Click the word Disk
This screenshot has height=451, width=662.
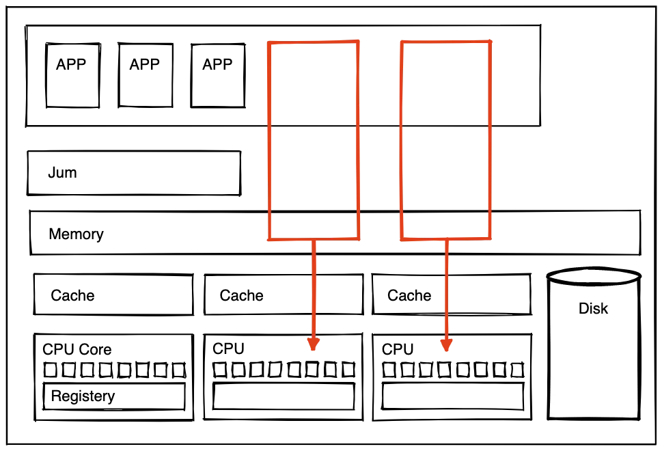[593, 308]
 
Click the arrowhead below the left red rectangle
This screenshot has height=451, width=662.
[313, 344]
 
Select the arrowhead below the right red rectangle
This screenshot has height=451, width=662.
[446, 344]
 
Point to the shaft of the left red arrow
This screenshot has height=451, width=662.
[314, 287]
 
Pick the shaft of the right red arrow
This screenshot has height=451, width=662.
[447, 287]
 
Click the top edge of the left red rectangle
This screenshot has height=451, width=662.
[313, 43]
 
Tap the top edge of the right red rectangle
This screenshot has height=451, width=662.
[445, 43]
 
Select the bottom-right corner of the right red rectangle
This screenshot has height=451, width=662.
[488, 238]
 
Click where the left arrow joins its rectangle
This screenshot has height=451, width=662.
[314, 239]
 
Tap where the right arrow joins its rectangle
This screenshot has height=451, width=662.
[447, 239]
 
